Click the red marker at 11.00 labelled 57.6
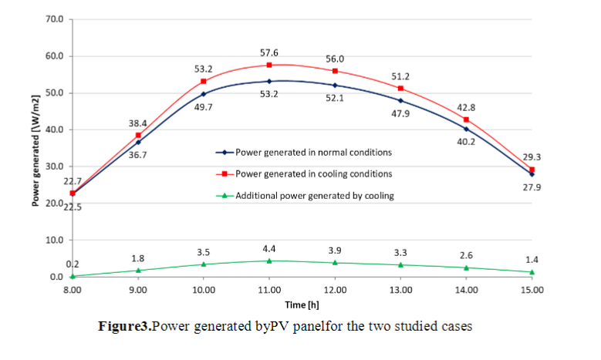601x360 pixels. coord(269,65)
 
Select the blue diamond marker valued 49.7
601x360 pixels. coord(204,94)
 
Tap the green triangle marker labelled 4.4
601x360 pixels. coord(269,261)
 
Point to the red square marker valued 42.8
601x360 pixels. coord(466,119)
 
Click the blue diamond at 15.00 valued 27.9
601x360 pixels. coord(532,174)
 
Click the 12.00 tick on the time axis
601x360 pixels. coord(335,289)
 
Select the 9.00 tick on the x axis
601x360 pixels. coord(138,289)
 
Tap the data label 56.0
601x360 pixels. coord(334,58)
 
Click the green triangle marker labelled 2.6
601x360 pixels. coord(466,267)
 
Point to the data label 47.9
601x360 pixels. coord(401,113)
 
